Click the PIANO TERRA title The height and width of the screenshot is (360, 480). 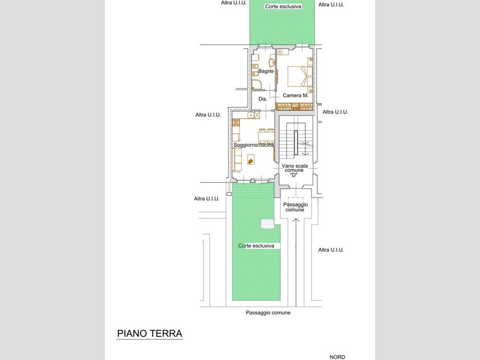tap(149, 334)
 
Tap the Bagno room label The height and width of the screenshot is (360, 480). tap(266, 71)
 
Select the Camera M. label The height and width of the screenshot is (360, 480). tap(295, 95)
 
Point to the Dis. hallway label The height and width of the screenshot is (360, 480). tap(263, 99)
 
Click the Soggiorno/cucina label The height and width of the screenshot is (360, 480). tap(253, 145)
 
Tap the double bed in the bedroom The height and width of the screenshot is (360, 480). tap(300, 76)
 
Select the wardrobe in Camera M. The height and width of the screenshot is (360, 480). tap(295, 107)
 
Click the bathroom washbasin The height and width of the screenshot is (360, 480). tap(272, 62)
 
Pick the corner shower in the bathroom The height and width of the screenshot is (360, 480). tap(257, 85)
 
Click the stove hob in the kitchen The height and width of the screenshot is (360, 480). tap(236, 122)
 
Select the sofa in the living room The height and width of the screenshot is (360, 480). tap(237, 160)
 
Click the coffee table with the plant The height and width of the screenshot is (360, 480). tap(251, 160)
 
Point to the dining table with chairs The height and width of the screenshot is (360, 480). tap(266, 136)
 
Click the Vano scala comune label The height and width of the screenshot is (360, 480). tap(295, 168)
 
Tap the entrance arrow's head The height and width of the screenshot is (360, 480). tap(296, 220)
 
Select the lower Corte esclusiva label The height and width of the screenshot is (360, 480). tap(256, 246)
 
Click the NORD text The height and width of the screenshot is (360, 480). tap(337, 357)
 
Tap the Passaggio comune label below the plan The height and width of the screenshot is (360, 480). tap(268, 313)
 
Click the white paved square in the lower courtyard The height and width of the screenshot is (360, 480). tap(268, 224)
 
